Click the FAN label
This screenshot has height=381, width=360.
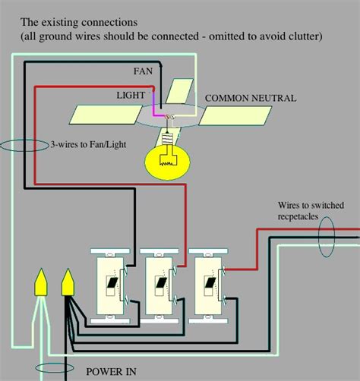click(x=143, y=71)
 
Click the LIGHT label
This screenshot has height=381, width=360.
click(x=131, y=96)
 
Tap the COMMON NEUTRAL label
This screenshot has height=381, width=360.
click(x=251, y=98)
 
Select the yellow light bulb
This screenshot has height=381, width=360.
click(x=167, y=162)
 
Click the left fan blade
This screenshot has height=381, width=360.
click(x=106, y=115)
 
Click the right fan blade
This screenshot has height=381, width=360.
click(x=235, y=115)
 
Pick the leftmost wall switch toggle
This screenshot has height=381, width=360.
click(x=112, y=282)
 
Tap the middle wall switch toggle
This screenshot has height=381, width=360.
click(x=161, y=282)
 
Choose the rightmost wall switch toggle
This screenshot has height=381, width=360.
click(x=210, y=282)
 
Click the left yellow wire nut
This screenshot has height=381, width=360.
click(x=41, y=282)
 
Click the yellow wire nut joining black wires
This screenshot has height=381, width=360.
click(x=68, y=282)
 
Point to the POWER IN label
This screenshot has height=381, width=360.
click(x=111, y=372)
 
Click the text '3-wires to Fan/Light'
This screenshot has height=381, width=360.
click(x=88, y=144)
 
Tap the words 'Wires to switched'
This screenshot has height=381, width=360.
click(x=311, y=205)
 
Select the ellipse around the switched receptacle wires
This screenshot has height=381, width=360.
click(x=319, y=237)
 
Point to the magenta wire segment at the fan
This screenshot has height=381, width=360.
click(x=157, y=112)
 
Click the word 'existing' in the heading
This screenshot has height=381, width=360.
click(x=60, y=22)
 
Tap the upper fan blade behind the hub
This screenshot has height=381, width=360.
click(x=180, y=91)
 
